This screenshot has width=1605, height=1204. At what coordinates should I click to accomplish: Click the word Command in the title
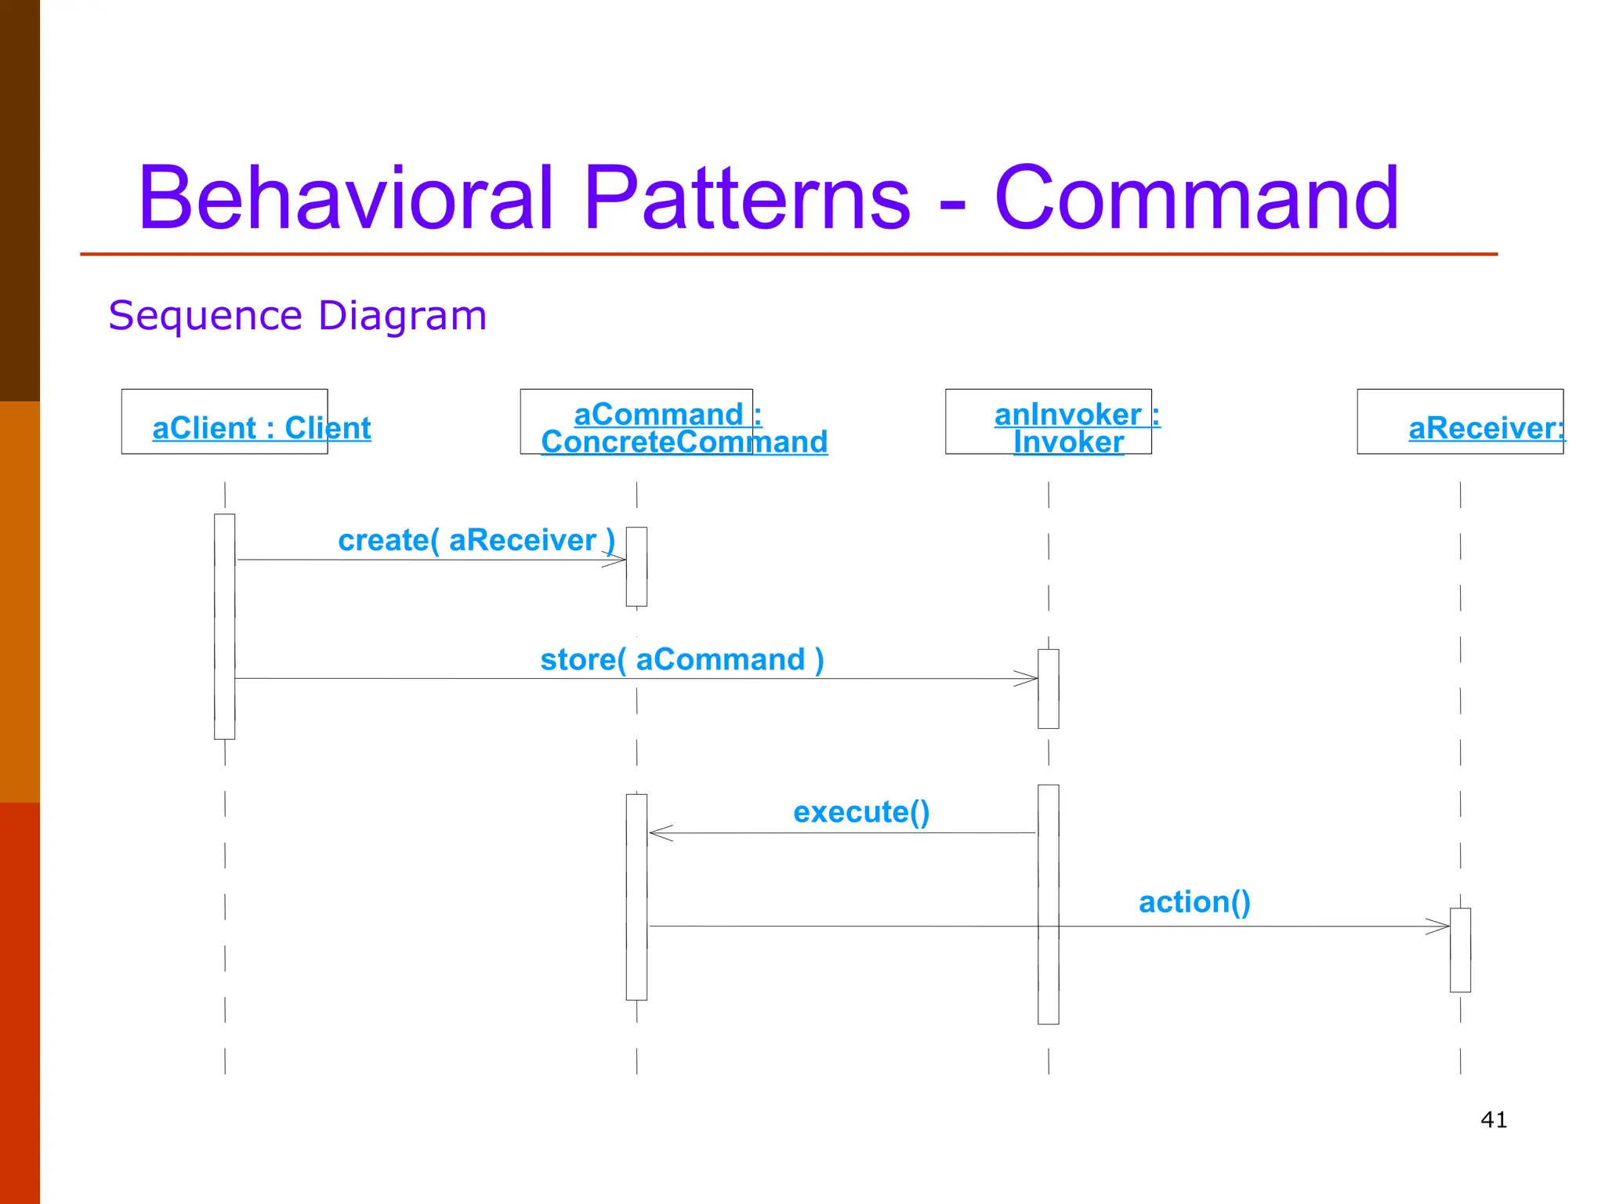[1196, 198]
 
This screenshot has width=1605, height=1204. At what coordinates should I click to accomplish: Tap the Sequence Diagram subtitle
[297, 316]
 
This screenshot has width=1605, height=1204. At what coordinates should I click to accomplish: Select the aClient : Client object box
[224, 422]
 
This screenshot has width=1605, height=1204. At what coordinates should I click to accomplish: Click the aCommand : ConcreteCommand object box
[636, 422]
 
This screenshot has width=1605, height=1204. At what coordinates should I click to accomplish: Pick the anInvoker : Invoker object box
[1048, 422]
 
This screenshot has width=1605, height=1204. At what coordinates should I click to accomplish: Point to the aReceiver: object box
[1459, 422]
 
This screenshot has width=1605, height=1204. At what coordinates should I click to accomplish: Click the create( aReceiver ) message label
[476, 540]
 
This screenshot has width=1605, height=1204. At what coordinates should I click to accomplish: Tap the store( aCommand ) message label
[682, 659]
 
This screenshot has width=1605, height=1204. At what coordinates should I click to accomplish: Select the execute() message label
[860, 812]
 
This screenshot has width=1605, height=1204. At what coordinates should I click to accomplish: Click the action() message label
[1194, 902]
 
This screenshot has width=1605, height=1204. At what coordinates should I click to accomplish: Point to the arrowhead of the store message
[1028, 679]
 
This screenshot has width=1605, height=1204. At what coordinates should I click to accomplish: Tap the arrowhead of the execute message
[658, 833]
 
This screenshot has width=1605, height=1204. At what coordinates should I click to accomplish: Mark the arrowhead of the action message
[1440, 927]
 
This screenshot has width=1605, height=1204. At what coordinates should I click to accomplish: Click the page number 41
[1493, 1119]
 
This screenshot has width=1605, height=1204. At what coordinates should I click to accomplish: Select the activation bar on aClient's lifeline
[224, 626]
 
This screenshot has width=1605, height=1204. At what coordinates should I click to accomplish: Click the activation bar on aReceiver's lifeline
[1460, 950]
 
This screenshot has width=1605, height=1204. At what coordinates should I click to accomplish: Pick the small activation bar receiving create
[636, 567]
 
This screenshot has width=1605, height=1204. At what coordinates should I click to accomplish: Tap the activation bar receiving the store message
[1048, 689]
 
